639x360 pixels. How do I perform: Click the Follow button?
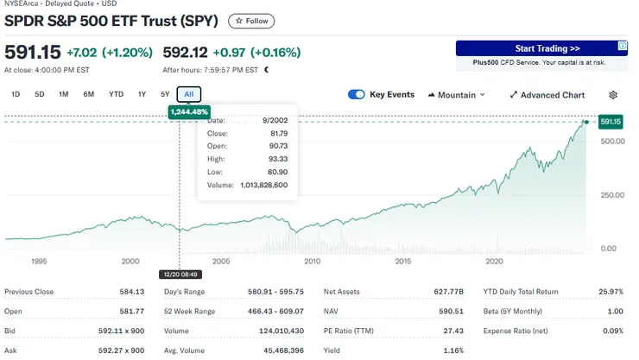point(252,21)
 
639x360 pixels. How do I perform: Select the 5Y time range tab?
point(165,94)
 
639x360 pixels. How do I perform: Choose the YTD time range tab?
point(116,94)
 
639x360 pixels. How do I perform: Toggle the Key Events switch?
point(357,95)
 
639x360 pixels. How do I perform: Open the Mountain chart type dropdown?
point(456,95)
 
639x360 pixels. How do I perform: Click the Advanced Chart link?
point(547,95)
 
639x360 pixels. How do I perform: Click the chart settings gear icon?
point(613,95)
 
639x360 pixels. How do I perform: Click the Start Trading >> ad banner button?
point(547,49)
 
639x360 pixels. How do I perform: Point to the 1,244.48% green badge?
point(189,112)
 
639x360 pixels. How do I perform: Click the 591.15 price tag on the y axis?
point(611,122)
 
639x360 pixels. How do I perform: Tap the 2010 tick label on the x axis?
point(312,261)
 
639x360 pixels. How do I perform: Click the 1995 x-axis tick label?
point(38,261)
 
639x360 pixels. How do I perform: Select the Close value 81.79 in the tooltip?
point(278,134)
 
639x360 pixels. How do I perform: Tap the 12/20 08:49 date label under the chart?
point(180,274)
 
